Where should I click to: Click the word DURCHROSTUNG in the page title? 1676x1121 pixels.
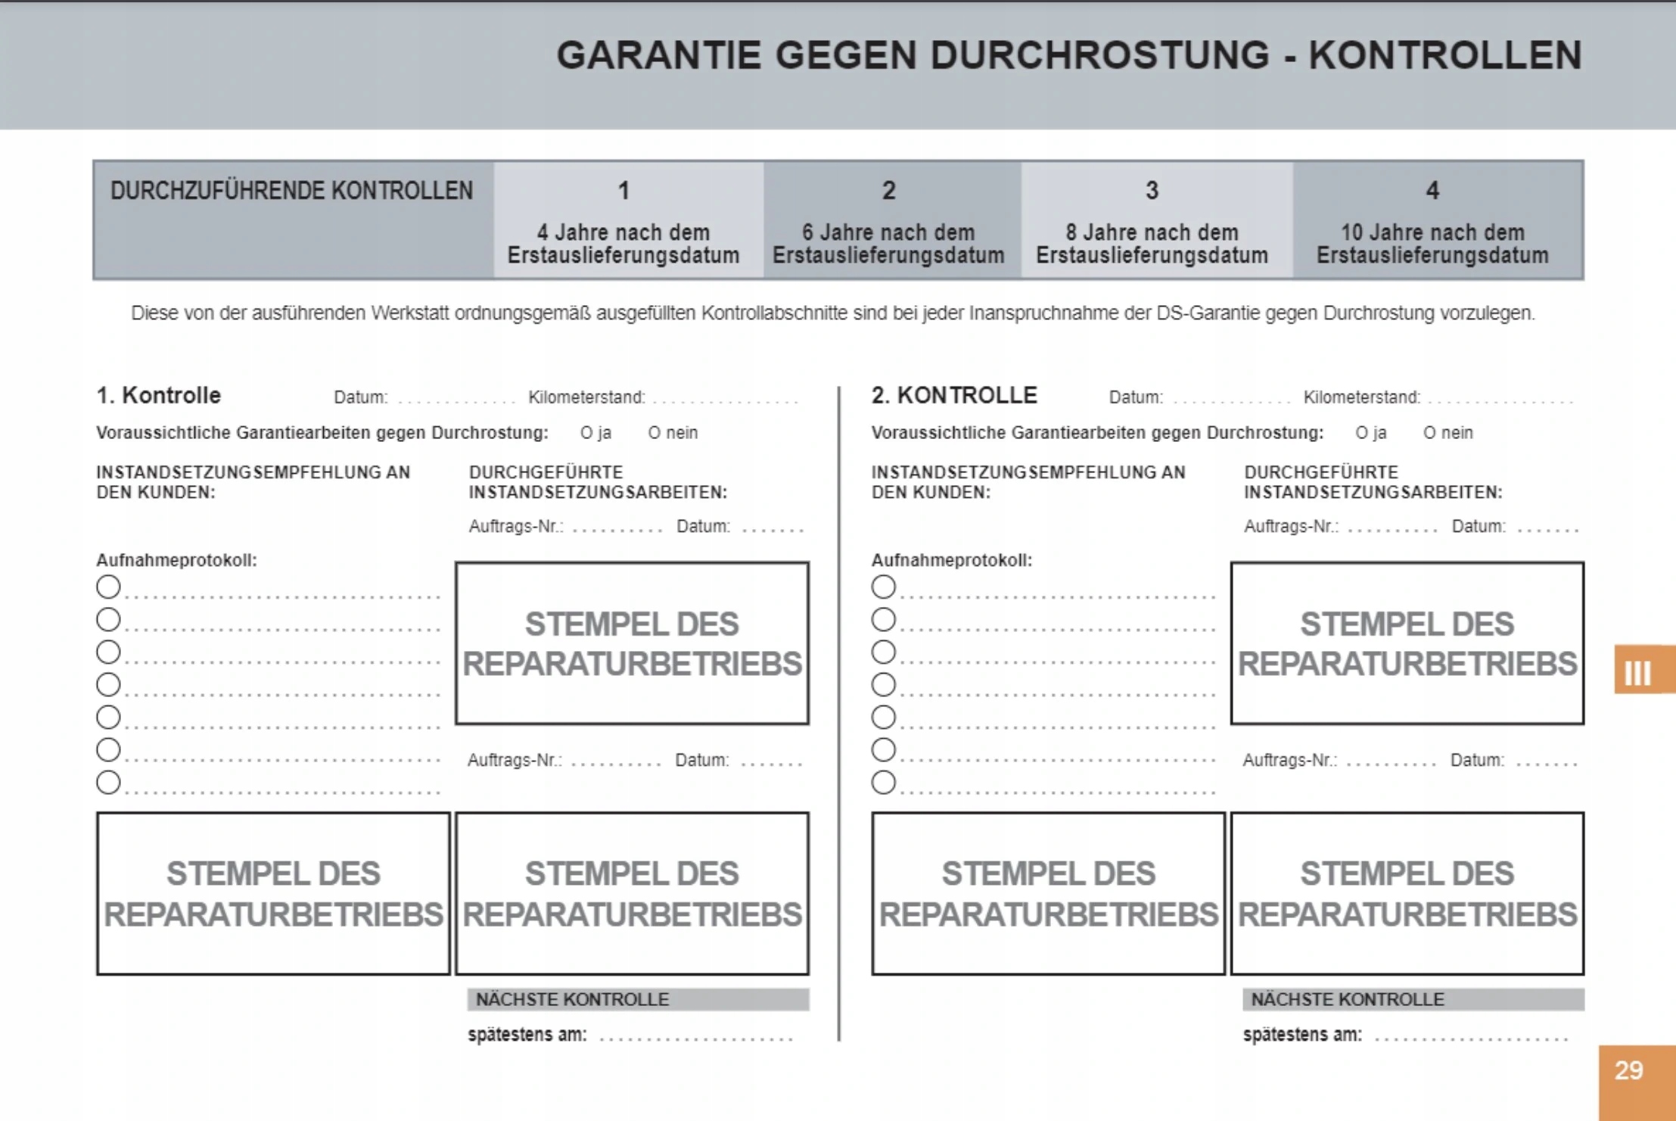tap(1099, 55)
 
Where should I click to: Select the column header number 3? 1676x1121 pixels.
tap(1152, 191)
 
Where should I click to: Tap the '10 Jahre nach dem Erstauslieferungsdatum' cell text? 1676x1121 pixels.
tap(1432, 244)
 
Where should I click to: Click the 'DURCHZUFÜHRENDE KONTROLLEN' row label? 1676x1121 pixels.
tap(291, 191)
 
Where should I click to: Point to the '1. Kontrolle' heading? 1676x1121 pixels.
tap(158, 395)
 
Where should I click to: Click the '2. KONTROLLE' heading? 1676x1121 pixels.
tap(954, 395)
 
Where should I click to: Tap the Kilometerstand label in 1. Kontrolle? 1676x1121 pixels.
tap(586, 397)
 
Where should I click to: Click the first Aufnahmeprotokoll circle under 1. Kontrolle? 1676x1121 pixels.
tap(108, 587)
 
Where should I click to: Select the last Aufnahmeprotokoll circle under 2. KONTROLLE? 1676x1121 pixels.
tap(883, 782)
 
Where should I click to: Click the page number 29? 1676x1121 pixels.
tap(1628, 1070)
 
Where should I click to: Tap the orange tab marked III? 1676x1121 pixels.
tap(1639, 671)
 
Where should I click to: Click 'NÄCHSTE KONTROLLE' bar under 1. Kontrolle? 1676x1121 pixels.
tap(637, 999)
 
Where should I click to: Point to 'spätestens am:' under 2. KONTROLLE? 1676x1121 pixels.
tap(1301, 1035)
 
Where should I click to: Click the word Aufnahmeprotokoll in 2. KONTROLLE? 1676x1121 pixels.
tap(951, 561)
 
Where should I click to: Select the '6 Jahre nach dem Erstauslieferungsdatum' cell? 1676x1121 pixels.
tap(888, 244)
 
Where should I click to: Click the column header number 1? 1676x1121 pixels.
tap(623, 191)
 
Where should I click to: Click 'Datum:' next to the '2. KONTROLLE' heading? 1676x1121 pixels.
tap(1135, 397)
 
